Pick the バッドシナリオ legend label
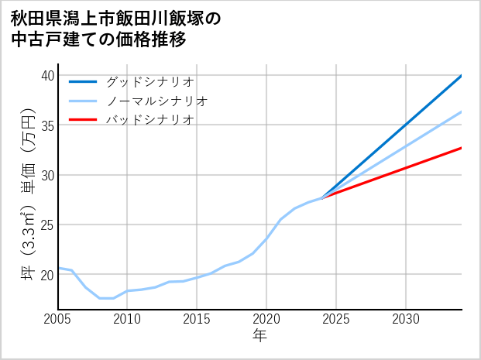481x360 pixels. (x=149, y=120)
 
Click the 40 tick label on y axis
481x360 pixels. (x=47, y=75)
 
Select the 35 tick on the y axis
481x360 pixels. (x=47, y=125)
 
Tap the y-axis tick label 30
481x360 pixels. (x=47, y=175)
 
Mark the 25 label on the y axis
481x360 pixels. (x=47, y=225)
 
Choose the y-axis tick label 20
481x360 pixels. (x=47, y=275)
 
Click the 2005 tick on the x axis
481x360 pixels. (x=58, y=319)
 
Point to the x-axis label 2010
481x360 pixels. (x=127, y=319)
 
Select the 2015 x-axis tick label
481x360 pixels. (x=197, y=319)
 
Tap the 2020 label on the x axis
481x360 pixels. (x=266, y=319)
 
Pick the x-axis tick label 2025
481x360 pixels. (x=336, y=319)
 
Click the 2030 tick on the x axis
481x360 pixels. (x=406, y=319)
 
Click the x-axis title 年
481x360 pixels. (x=260, y=336)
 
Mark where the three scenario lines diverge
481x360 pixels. (x=322, y=198)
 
